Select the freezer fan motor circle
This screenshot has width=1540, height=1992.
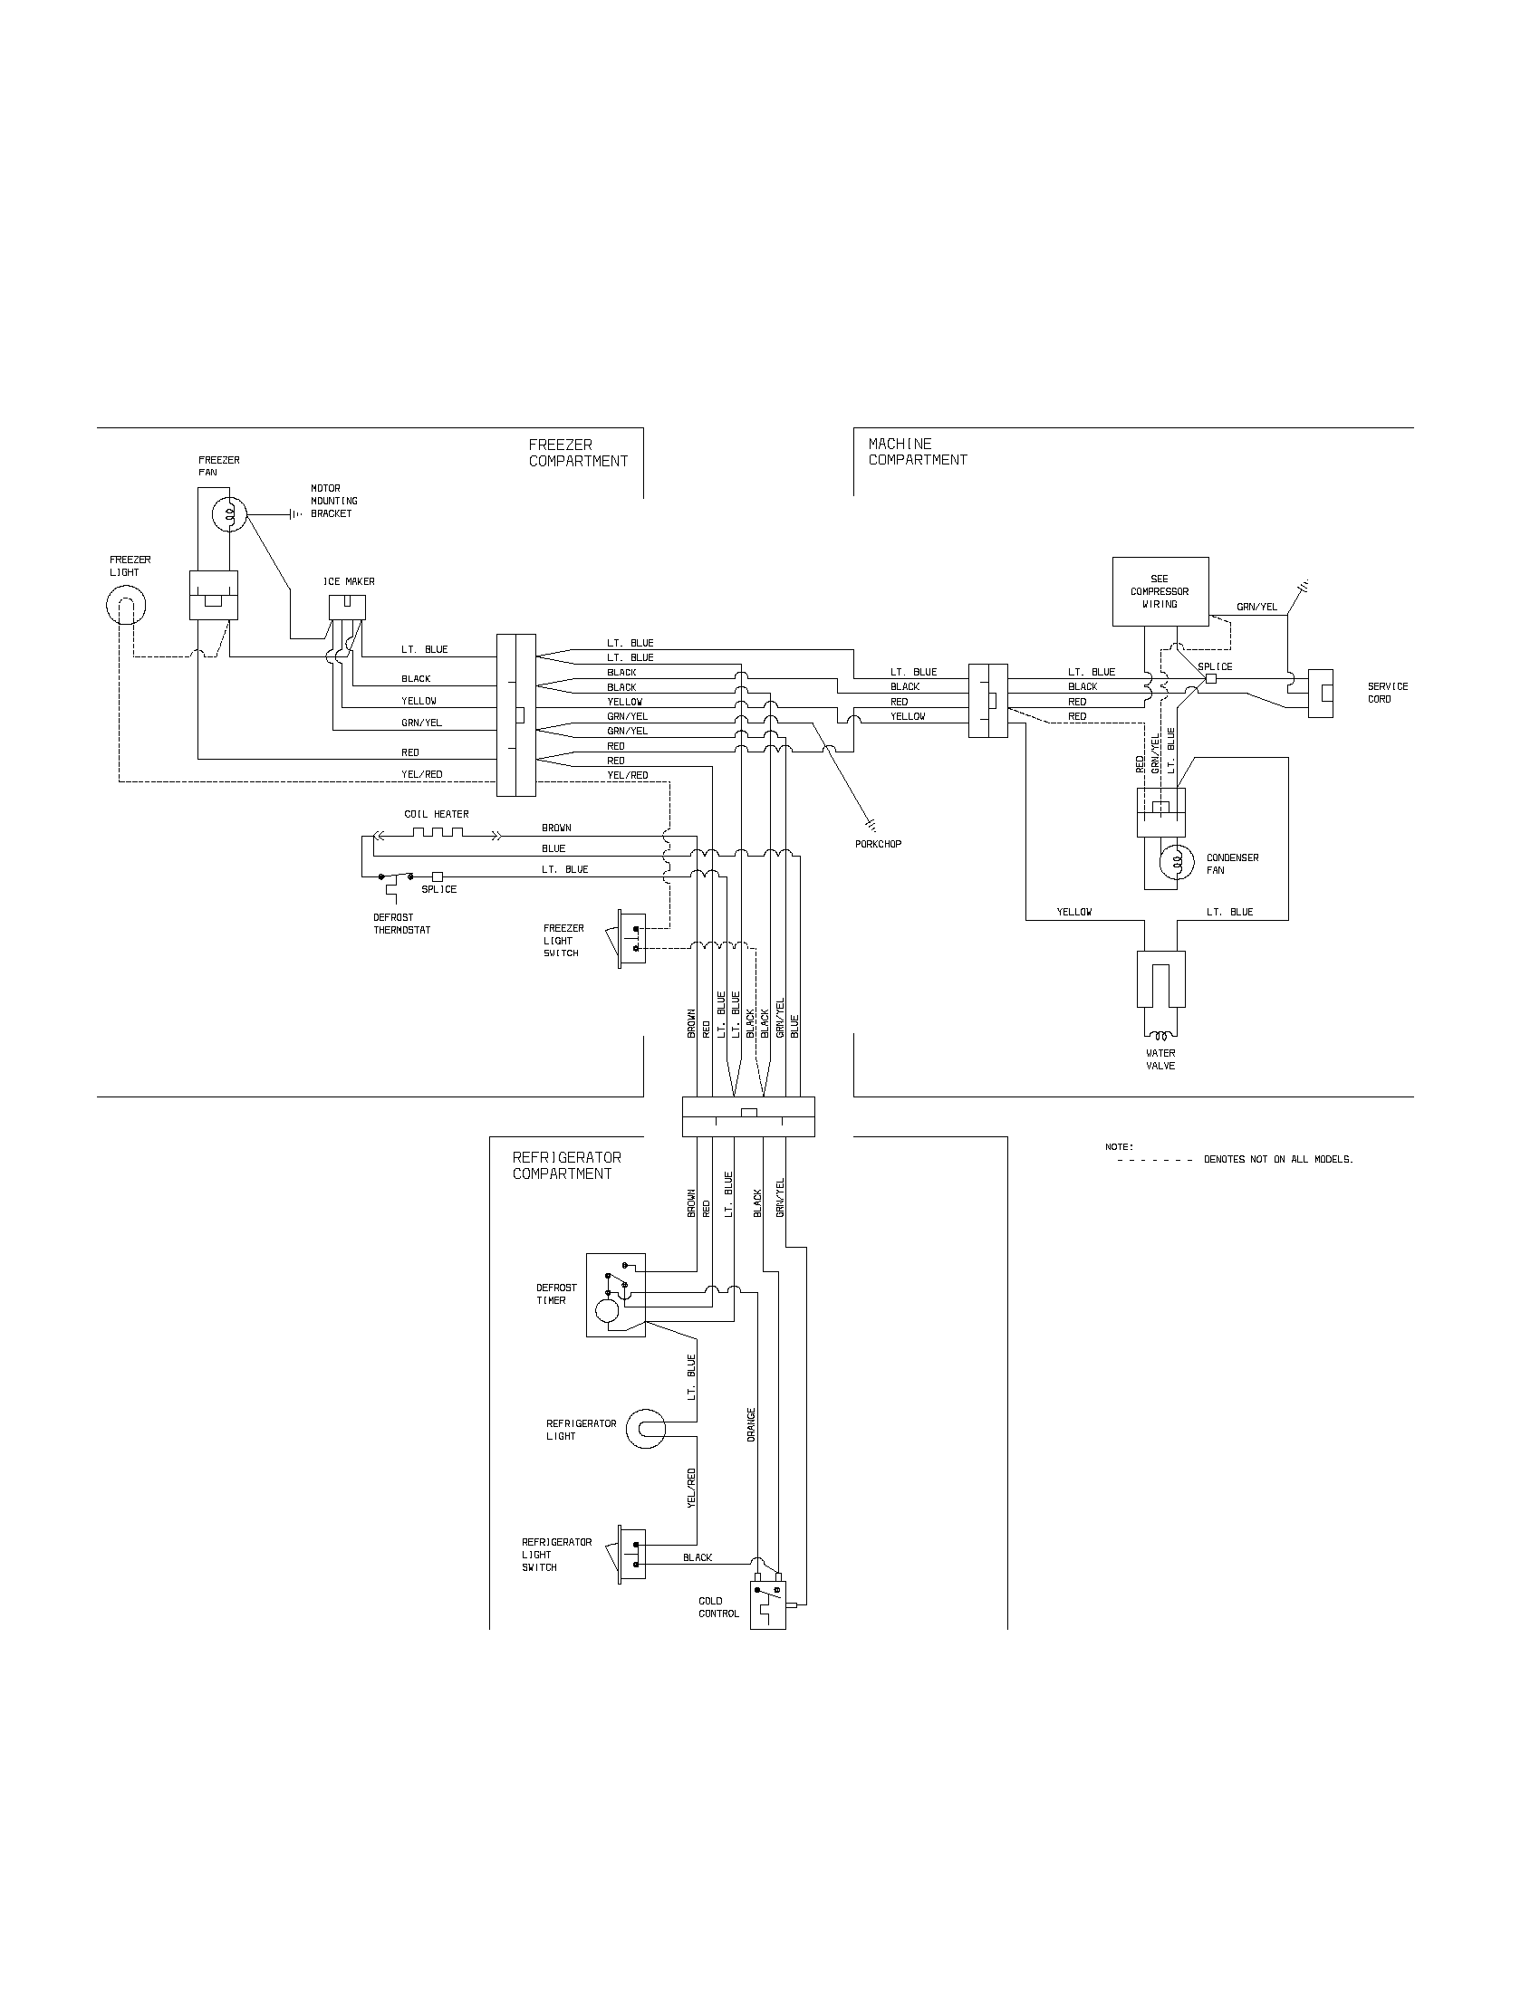[x=231, y=515]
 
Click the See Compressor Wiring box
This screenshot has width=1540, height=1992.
[x=1160, y=592]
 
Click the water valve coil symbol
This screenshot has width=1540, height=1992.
[x=1160, y=1035]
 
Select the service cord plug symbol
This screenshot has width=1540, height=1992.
[x=1320, y=694]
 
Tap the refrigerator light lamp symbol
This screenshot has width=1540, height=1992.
[x=647, y=1429]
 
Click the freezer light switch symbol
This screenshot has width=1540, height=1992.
[x=632, y=940]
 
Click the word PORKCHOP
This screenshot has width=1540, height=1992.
[x=878, y=844]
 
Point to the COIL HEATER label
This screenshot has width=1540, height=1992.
[x=436, y=815]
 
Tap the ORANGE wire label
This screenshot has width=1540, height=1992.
[x=752, y=1424]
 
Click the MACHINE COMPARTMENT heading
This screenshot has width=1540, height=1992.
[x=917, y=453]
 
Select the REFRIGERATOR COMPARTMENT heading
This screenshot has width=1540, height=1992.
[x=566, y=1165]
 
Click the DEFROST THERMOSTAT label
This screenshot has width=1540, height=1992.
[x=401, y=924]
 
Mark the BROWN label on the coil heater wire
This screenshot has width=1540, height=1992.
[x=556, y=828]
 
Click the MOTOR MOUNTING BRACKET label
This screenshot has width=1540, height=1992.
[x=334, y=501]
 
